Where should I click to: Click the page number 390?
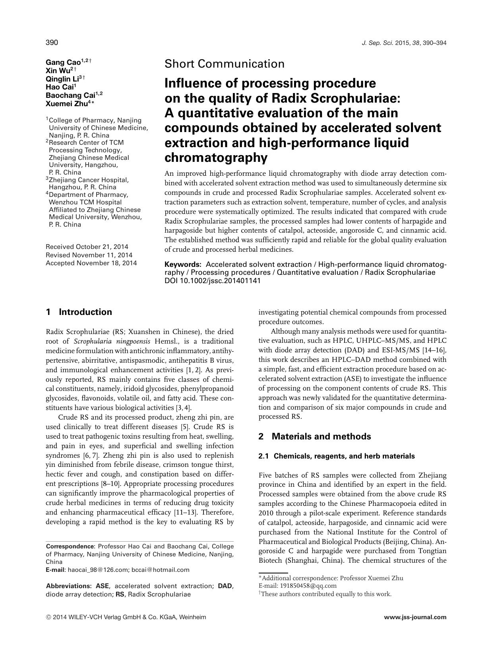tap(52, 43)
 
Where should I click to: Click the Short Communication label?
tap(224, 64)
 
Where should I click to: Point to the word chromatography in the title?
tap(216, 158)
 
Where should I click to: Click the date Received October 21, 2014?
tap(87, 247)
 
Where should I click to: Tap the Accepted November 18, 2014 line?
tap(91, 263)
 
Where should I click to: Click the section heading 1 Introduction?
tap(79, 312)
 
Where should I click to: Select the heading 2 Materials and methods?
tap(314, 436)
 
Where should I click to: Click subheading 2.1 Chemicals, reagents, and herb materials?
tap(336, 456)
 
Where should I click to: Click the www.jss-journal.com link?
tap(415, 618)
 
